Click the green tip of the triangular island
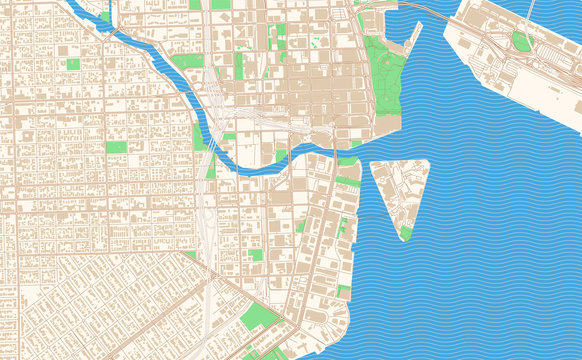(x=405, y=232)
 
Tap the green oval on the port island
(x=521, y=41)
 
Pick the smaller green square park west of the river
(x=72, y=64)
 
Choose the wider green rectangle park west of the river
(x=117, y=148)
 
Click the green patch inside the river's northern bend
(x=105, y=16)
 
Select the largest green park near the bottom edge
(x=260, y=320)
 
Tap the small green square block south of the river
(x=256, y=255)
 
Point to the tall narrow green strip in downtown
(x=239, y=66)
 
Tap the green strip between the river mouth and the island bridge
(x=346, y=181)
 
